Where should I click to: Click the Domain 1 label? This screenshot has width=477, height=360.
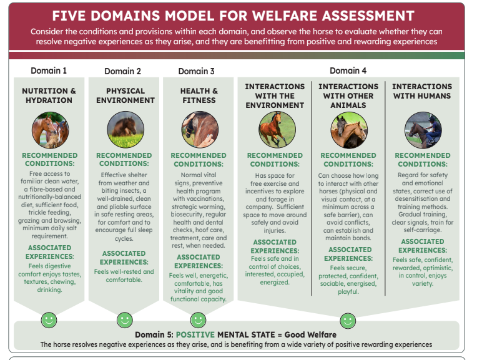point(49,71)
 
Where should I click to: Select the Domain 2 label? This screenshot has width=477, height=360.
point(122,71)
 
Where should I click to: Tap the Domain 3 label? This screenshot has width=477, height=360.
point(196,71)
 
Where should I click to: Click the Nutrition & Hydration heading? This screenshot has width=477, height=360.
point(49,95)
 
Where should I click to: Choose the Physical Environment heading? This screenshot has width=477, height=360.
point(125,95)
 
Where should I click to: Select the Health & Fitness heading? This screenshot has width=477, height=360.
point(199,95)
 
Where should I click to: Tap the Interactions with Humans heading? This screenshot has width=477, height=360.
point(422,91)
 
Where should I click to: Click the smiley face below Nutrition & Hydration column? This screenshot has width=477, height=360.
point(49,319)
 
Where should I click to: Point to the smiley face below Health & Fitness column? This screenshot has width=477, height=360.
point(198,319)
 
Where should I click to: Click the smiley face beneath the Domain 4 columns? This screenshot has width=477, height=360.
point(348,319)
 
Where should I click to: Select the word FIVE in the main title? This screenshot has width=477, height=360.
point(72,16)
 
